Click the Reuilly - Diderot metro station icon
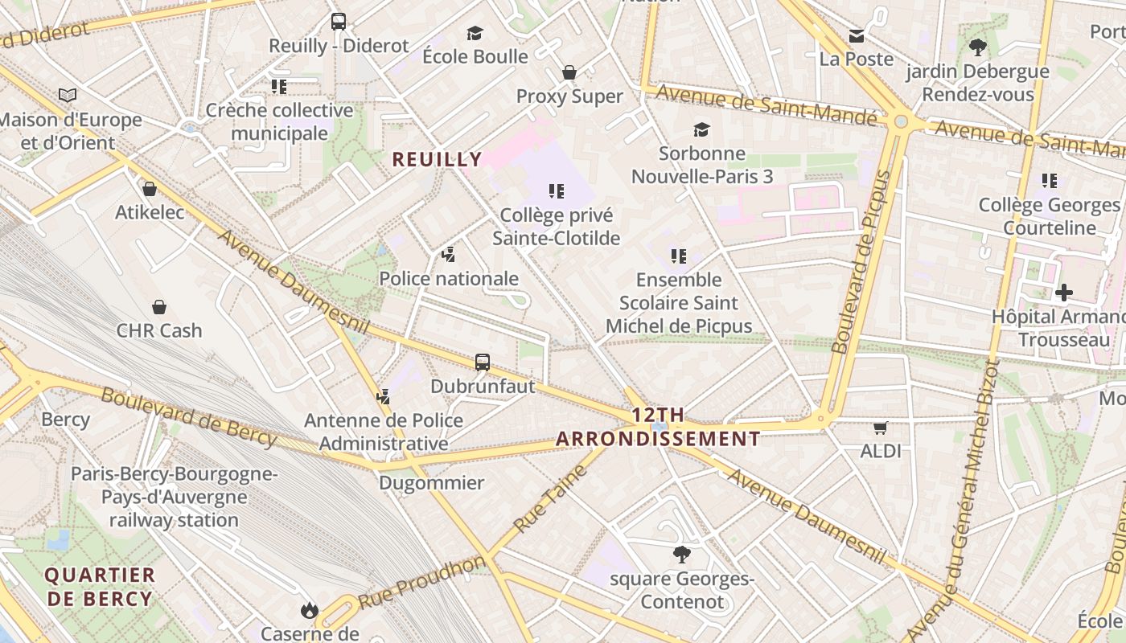338,22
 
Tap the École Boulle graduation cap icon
475,33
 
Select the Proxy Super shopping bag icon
569,72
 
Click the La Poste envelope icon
857,36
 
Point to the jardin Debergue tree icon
978,47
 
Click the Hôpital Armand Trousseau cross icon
1063,293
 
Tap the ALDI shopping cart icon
881,428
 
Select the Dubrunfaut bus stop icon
482,362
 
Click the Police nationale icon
449,255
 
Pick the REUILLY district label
437,159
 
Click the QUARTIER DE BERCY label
100,587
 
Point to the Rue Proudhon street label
422,581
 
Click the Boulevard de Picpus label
861,262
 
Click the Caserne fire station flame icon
310,611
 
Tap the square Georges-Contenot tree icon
682,554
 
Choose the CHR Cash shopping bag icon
159,307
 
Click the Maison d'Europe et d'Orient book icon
68,96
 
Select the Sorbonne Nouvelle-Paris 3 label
701,165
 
